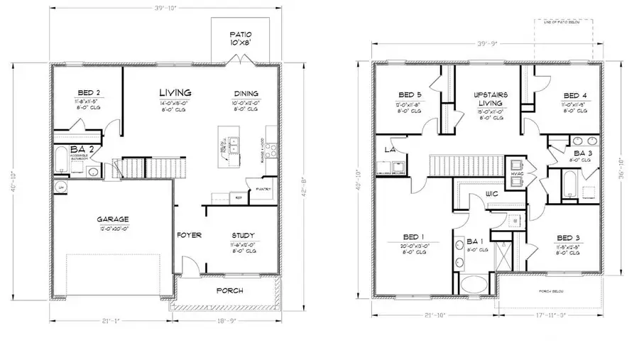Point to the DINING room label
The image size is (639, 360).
(246, 94)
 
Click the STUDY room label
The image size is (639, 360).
(244, 236)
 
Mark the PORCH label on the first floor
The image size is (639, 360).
(229, 290)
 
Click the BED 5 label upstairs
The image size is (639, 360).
(410, 94)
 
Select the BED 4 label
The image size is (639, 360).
(575, 95)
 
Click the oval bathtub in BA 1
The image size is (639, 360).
(475, 285)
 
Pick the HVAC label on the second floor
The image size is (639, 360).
(518, 173)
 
